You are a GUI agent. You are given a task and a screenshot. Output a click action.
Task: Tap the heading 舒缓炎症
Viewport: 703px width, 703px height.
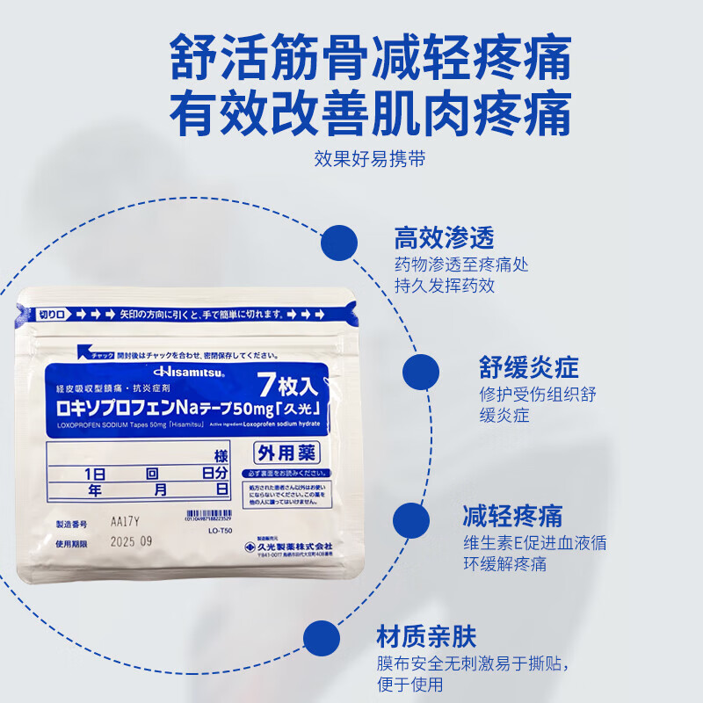[x=529, y=366]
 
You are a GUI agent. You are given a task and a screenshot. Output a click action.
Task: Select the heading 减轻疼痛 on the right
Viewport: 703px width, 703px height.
[x=512, y=515]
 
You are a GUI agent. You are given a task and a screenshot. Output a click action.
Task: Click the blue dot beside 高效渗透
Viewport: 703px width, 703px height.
[x=339, y=243]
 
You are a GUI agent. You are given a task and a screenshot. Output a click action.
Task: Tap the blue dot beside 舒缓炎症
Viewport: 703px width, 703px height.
[x=420, y=373]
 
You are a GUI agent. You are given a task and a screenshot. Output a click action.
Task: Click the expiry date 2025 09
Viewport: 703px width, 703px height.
[x=132, y=541]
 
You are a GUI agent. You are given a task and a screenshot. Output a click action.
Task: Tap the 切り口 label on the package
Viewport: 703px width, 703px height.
[x=48, y=313]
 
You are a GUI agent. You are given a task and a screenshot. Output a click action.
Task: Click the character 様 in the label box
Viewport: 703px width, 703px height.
[x=220, y=456]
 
